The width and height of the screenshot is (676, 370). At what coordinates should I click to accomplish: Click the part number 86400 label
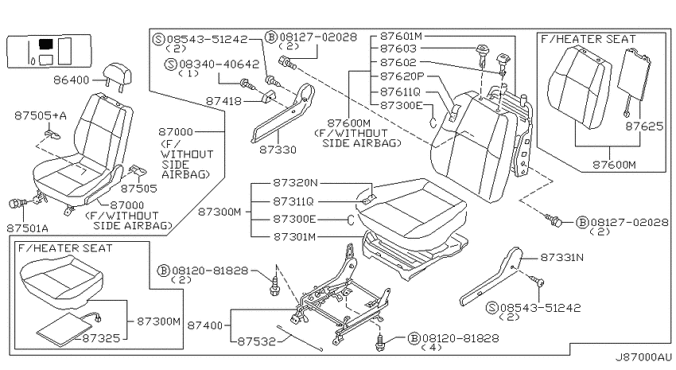click(x=71, y=80)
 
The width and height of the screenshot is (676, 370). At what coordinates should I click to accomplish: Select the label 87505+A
click(x=41, y=115)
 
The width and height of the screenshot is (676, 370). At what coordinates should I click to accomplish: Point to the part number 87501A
click(x=27, y=228)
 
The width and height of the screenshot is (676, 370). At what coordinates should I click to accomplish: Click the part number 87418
click(x=223, y=101)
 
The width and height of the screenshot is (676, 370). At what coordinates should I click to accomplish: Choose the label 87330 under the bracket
click(x=278, y=150)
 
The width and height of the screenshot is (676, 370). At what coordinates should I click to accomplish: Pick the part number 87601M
click(x=401, y=36)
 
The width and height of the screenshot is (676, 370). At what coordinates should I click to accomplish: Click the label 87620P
click(x=402, y=76)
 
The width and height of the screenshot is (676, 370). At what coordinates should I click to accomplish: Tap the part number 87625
click(x=644, y=127)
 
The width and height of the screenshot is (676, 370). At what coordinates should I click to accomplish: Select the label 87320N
click(x=295, y=183)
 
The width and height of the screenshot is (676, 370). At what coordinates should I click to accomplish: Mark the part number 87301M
click(x=295, y=237)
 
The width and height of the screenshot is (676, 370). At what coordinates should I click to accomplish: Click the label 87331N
click(x=562, y=258)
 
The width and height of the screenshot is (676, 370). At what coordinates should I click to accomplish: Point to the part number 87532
click(x=257, y=341)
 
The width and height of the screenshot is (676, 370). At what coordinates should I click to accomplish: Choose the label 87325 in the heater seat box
click(x=101, y=338)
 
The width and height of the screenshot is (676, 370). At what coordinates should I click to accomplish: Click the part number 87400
click(x=204, y=325)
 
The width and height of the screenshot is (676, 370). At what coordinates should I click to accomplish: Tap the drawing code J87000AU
click(x=643, y=357)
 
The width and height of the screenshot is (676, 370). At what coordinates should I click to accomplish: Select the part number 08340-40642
click(x=220, y=64)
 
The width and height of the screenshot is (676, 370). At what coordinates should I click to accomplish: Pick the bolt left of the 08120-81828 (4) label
click(x=380, y=341)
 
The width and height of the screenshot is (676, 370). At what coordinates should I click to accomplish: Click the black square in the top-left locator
click(x=45, y=43)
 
